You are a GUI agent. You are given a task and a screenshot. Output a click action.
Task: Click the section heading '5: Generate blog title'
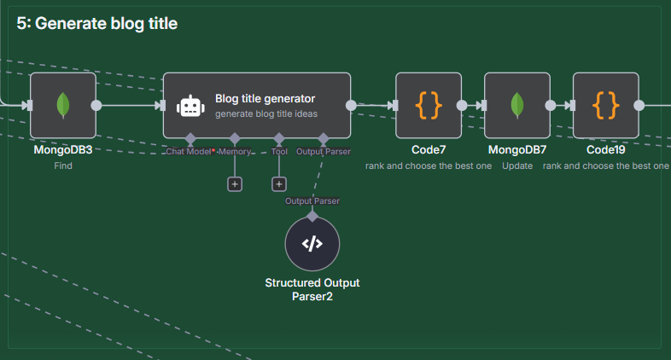(96, 24)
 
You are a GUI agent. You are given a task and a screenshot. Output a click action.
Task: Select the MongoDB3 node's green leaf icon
(63, 105)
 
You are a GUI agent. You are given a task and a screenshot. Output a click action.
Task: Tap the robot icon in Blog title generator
(190, 106)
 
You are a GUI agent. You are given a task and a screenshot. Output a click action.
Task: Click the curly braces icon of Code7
(429, 105)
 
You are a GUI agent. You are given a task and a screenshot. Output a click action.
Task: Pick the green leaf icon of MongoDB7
(517, 105)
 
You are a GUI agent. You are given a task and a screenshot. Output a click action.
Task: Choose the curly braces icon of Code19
(605, 105)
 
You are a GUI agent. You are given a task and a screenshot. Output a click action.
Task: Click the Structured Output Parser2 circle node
(312, 244)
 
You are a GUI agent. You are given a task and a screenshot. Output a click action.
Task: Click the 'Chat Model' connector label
(189, 151)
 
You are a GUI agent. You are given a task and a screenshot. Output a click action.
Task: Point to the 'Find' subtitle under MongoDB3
(63, 165)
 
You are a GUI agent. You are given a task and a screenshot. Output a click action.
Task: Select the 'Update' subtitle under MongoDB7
(517, 165)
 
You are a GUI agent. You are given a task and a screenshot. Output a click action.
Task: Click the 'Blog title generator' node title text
(265, 99)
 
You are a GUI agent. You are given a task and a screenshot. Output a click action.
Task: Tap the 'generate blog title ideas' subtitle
(266, 113)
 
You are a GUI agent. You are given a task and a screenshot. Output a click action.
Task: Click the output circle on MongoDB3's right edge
(96, 105)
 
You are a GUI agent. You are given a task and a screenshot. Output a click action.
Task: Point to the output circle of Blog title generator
(351, 105)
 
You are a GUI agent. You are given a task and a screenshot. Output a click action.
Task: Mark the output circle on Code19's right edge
(639, 105)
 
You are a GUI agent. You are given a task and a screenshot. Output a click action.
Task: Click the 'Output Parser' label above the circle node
(312, 201)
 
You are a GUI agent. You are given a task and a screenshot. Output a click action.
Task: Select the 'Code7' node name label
(429, 149)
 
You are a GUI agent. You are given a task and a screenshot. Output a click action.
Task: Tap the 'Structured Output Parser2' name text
(312, 289)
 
